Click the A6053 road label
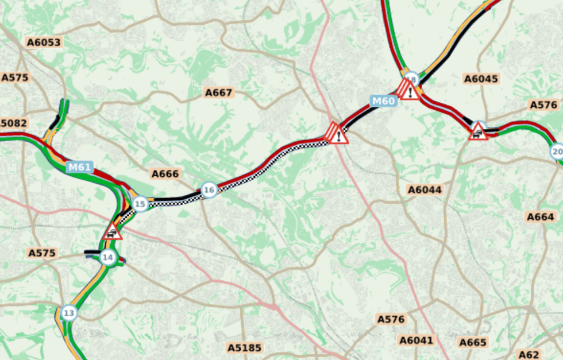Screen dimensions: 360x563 tap(44, 42)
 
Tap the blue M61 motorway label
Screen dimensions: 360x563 tap(79, 167)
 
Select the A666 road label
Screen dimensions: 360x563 tap(165, 173)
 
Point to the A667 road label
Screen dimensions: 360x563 tap(219, 92)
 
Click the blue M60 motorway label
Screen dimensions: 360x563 tap(383, 102)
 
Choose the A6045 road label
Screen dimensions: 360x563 tap(481, 79)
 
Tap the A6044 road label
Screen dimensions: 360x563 tap(425, 189)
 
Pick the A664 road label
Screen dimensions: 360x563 tap(541, 216)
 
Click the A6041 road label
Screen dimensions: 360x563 tap(417, 340)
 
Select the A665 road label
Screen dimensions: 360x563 tap(473, 343)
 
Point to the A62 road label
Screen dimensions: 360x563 tap(529, 354)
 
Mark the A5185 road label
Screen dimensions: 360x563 tap(244, 347)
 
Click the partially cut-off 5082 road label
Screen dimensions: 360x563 tap(13, 123)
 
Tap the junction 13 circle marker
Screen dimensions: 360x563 tap(69, 313)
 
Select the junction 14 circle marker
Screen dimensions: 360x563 tap(107, 257)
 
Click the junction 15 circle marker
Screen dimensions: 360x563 tap(140, 204)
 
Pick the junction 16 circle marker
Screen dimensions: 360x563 tap(209, 189)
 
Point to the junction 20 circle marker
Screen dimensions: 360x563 tap(557, 152)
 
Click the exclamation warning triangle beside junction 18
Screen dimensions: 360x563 tap(408, 90)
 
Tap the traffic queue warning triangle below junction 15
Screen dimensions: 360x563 tap(113, 232)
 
